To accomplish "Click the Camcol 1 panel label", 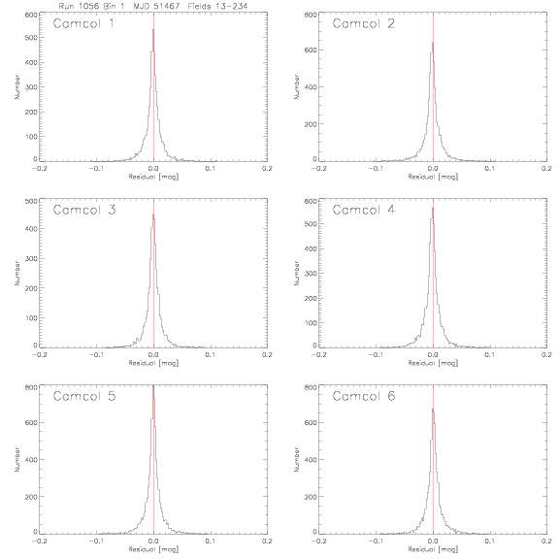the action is tap(83, 23).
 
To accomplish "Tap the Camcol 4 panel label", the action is tap(364, 210).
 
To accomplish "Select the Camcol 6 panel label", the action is tap(364, 396).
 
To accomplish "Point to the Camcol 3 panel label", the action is tap(84, 210).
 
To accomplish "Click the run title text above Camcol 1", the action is tap(153, 6).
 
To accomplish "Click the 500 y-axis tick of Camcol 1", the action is tap(31, 38).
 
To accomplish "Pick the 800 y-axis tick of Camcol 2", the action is tap(311, 15).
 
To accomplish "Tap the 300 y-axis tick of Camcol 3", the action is tap(31, 258).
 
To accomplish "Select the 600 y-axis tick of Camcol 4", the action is tap(311, 201).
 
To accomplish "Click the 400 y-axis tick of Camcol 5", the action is tap(31, 460).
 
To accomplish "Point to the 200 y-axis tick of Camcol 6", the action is tap(311, 496).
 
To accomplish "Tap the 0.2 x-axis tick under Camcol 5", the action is tap(267, 542).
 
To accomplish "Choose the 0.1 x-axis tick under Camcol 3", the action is tap(211, 355).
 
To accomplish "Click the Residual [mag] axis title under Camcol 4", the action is tap(433, 363).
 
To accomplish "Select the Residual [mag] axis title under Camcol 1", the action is tap(153, 177).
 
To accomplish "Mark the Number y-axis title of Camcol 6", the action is tap(297, 460).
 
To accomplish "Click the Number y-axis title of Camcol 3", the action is tap(17, 273).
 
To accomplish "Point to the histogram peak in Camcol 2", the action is tap(433, 43).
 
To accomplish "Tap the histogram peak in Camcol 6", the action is tap(433, 409).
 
